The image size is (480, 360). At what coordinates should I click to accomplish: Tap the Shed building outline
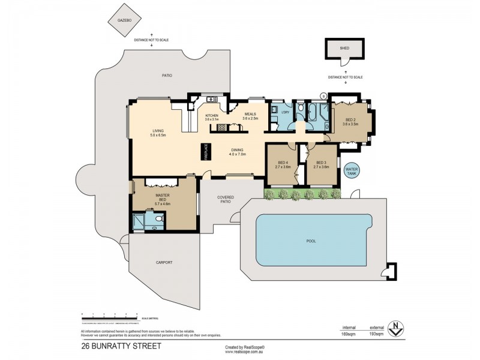(344, 47)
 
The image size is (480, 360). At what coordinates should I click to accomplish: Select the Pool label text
(311, 241)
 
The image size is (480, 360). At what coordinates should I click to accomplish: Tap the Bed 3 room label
(321, 164)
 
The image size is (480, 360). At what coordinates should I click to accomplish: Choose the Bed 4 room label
(282, 164)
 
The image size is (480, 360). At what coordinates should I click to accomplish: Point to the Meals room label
(250, 116)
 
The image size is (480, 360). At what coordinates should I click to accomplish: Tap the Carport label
(164, 262)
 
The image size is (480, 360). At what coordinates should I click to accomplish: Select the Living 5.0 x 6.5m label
(158, 133)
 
